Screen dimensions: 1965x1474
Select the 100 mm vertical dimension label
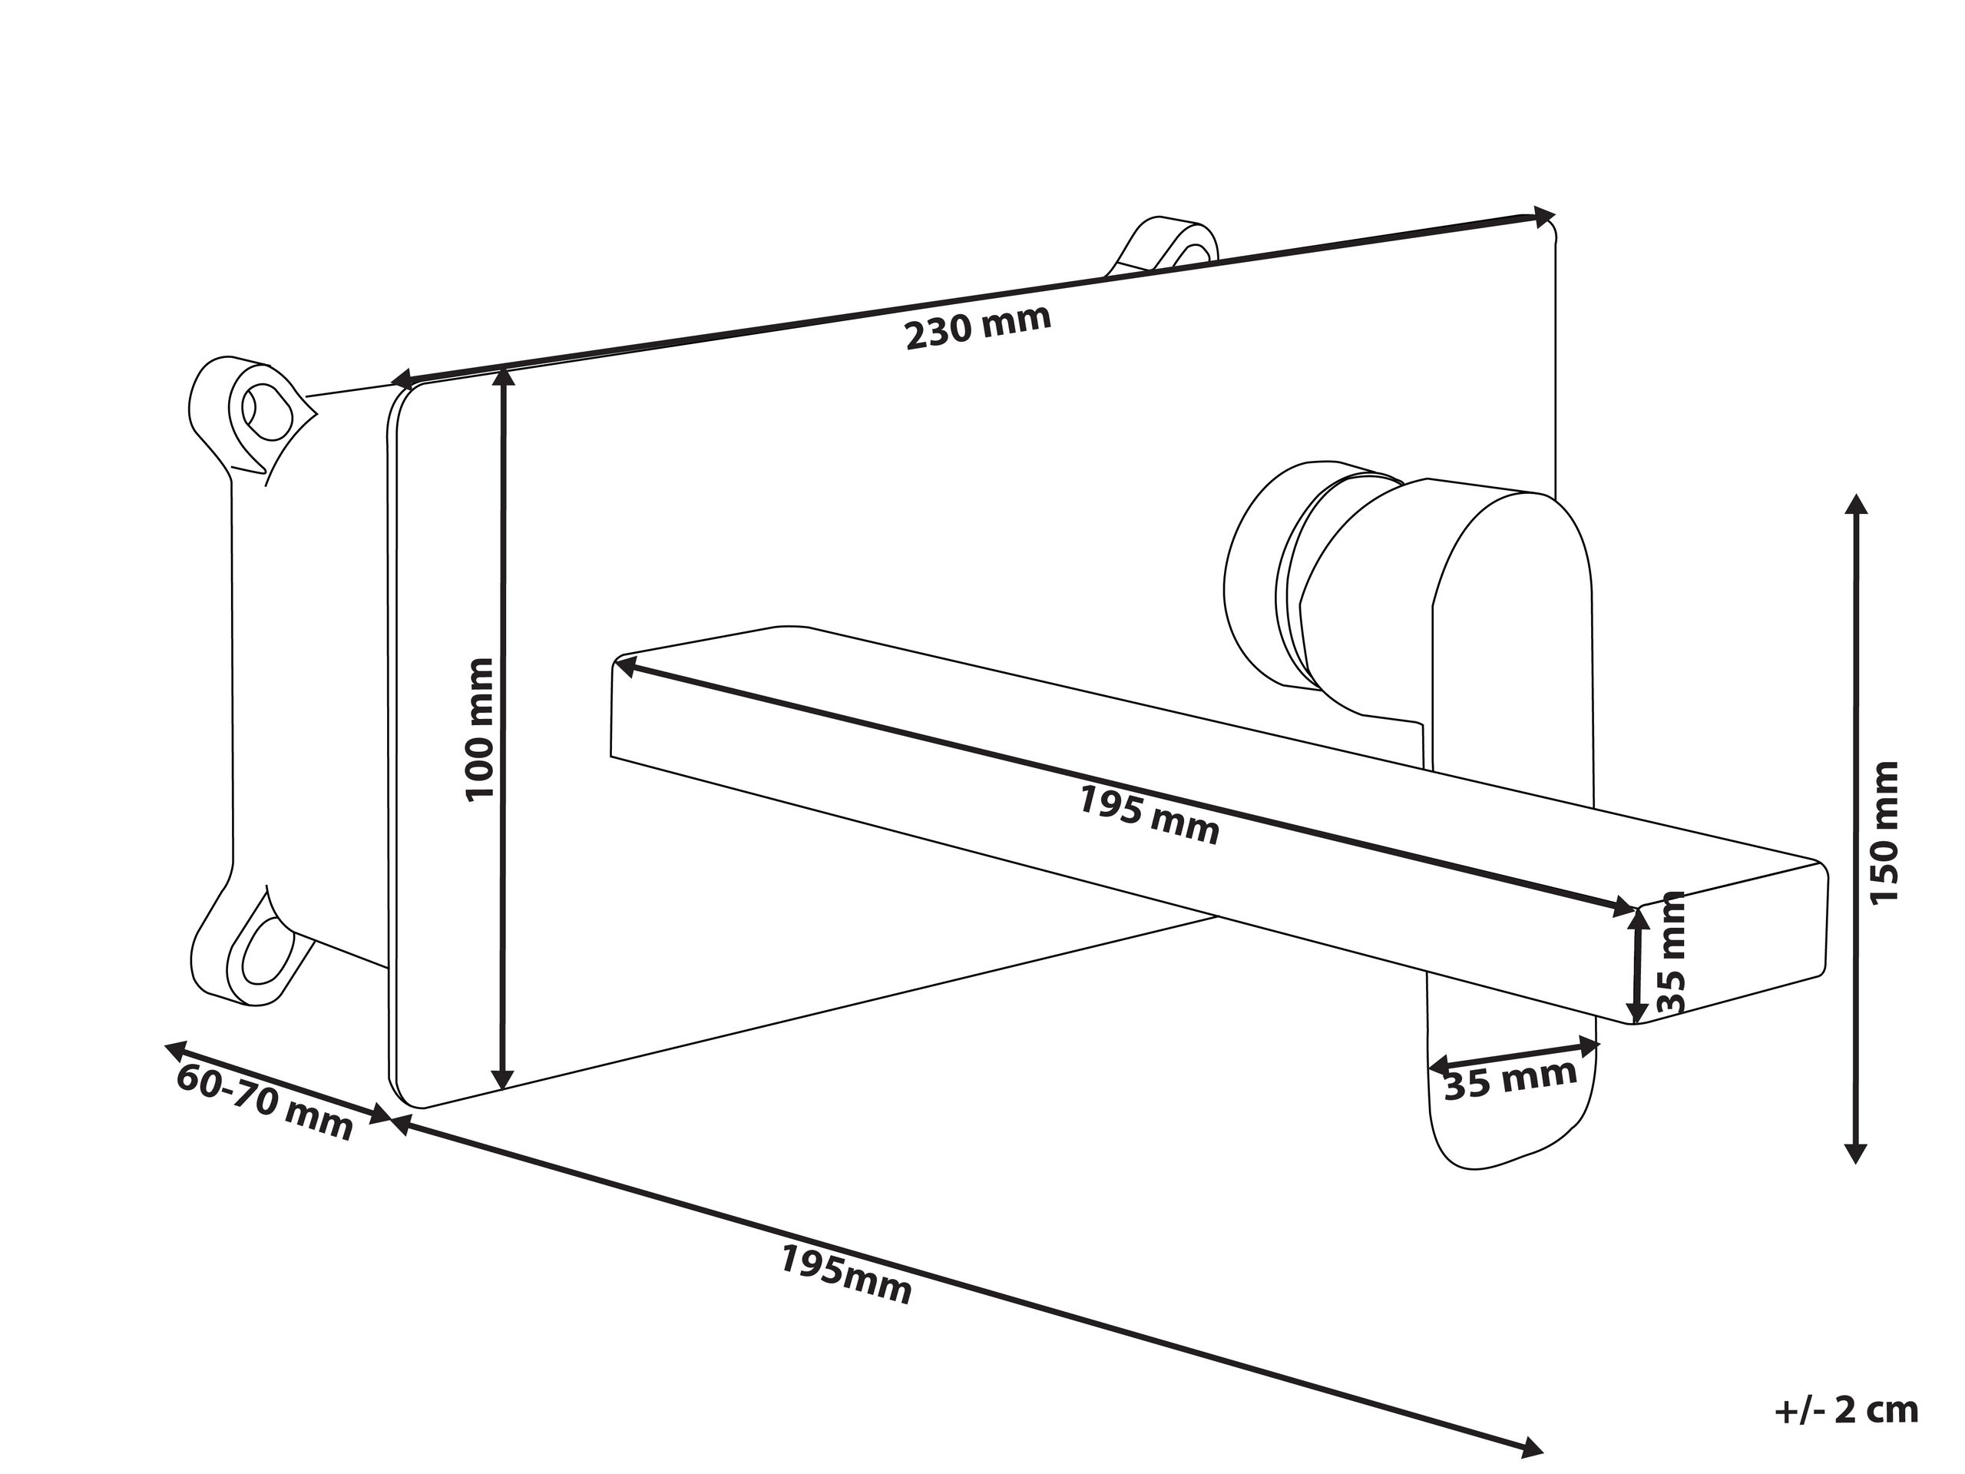(x=480, y=730)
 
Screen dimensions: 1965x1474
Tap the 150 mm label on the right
(x=1884, y=833)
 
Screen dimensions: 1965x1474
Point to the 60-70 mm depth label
(x=265, y=1101)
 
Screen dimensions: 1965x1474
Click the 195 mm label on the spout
(x=1150, y=815)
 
